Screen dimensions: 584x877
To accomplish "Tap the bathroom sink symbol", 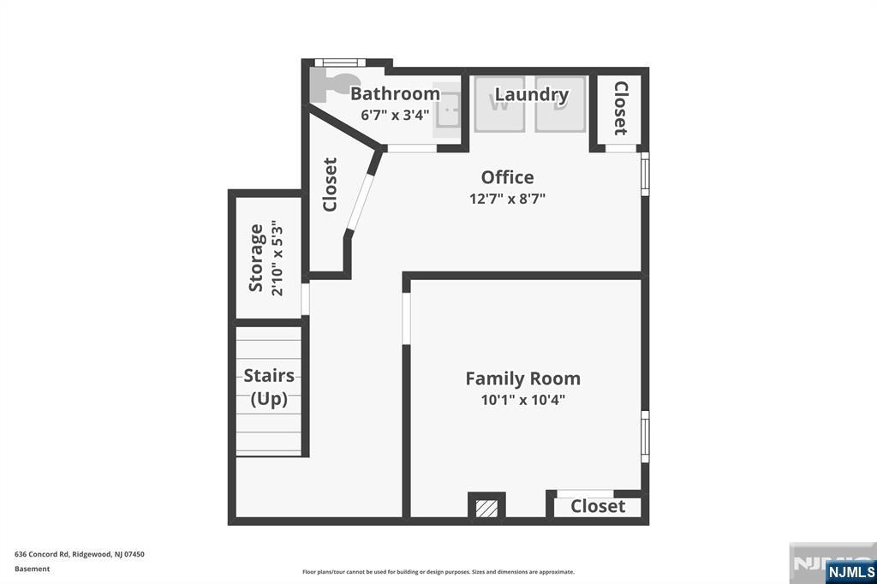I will [446, 115].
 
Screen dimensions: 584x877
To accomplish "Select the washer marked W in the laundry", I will [499, 104].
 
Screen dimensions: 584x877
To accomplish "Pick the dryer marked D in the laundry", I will [560, 104].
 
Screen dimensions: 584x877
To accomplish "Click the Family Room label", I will [522, 378].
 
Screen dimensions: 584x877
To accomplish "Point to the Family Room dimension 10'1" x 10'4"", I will [522, 400].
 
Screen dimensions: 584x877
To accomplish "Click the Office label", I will [507, 177].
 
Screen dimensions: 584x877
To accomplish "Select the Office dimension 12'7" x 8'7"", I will [507, 199].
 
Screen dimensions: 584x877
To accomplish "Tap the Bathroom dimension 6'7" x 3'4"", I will [395, 115].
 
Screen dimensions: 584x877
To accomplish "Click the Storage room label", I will [256, 258].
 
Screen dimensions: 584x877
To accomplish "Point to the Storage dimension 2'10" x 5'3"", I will [277, 258].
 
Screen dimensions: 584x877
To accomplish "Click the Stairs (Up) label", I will [269, 387].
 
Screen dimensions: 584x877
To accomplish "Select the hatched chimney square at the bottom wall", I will [486, 507].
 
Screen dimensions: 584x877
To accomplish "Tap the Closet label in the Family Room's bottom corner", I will [598, 507].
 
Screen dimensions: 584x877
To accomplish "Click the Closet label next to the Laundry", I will [620, 108].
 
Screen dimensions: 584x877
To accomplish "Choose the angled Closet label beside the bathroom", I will [330, 184].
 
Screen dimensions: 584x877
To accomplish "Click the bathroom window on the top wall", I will [340, 62].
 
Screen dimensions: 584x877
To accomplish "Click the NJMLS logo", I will [850, 571].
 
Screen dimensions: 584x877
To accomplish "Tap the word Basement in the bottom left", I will [33, 569].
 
